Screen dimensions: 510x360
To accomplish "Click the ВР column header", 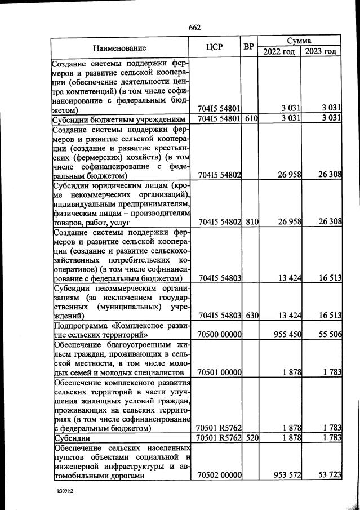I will (x=248, y=47).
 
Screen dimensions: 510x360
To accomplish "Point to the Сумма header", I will (x=299, y=41).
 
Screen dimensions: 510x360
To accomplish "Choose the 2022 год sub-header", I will (x=279, y=52).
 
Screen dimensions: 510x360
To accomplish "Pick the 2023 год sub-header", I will (x=321, y=52).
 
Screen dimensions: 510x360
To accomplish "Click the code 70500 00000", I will (x=219, y=334).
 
